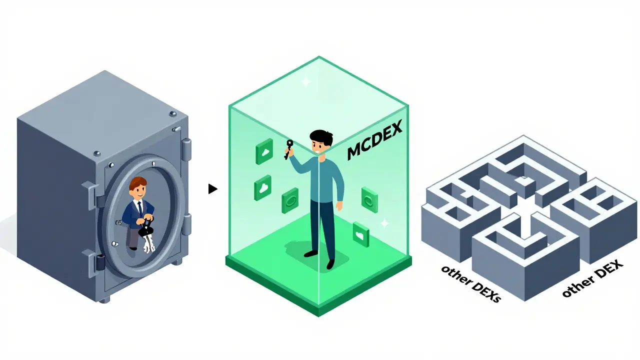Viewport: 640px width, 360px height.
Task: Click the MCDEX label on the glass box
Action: click(374, 140)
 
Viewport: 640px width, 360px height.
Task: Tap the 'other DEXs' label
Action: click(471, 283)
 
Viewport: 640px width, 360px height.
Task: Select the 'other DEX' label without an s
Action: click(592, 278)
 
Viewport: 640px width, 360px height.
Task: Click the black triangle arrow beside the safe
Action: click(212, 189)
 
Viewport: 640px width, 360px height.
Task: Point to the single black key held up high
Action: click(288, 149)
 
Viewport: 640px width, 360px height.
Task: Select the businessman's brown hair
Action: click(137, 182)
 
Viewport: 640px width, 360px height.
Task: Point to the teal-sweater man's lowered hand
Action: click(339, 205)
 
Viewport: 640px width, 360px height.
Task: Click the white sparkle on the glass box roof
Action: click(306, 82)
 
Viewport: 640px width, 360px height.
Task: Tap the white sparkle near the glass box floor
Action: click(384, 223)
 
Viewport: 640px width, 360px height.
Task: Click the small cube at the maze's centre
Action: click(525, 185)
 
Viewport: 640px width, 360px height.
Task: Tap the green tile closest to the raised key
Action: click(264, 151)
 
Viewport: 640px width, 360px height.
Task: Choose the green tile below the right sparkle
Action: click(361, 234)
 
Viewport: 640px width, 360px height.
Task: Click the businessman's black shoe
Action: click(133, 249)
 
